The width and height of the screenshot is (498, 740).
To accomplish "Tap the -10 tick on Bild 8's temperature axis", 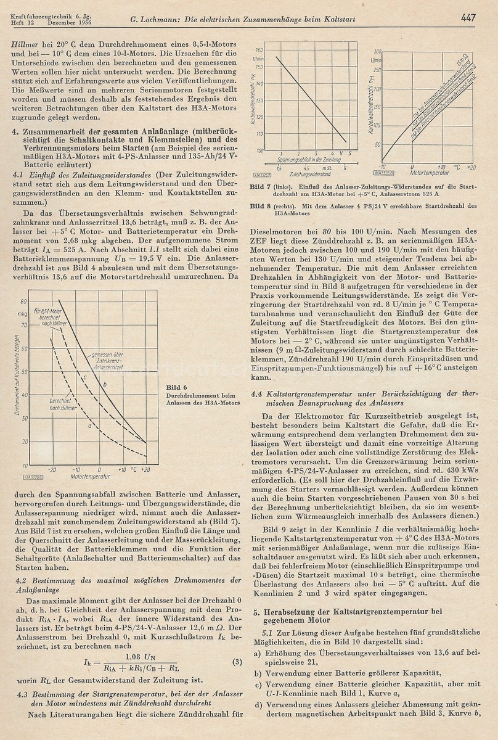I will [382, 167].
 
